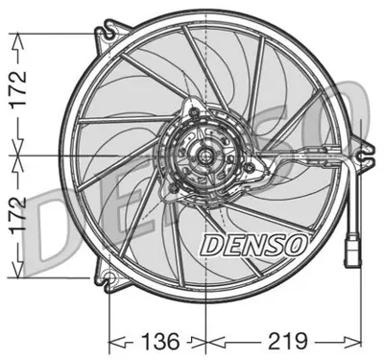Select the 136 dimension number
point(155,340)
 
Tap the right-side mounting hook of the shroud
point(362,149)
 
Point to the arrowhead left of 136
point(115,341)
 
